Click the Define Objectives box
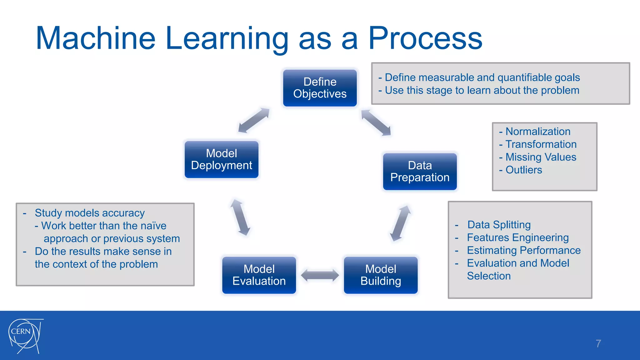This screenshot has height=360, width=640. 320,88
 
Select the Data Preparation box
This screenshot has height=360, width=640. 420,171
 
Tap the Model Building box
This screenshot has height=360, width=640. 381,275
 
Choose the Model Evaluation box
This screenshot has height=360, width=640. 259,275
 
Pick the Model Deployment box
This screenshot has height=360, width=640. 221,159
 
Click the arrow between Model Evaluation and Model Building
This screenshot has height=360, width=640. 320,275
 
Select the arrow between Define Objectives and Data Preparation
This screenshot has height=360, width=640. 376,122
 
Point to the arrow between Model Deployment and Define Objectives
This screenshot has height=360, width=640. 254,120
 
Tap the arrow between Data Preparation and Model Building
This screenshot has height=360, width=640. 400,223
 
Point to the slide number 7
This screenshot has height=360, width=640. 598,343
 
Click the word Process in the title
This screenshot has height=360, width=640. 425,38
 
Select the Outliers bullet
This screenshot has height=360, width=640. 523,170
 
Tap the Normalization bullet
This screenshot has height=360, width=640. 537,131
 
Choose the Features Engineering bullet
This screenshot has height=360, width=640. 517,237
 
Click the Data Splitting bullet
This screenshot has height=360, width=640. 499,225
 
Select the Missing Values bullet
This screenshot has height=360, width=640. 541,157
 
